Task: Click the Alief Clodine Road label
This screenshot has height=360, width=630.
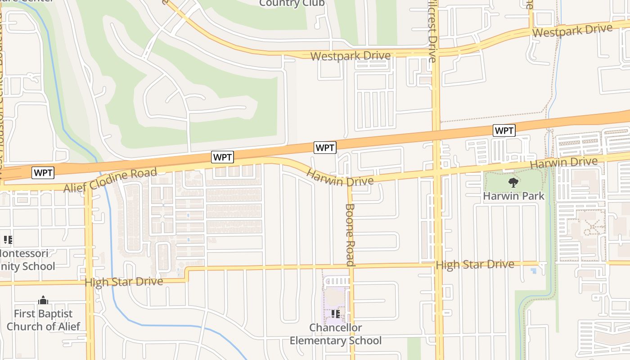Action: tap(110, 180)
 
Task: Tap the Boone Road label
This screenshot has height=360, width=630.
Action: tap(350, 234)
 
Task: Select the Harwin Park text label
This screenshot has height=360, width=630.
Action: tap(513, 196)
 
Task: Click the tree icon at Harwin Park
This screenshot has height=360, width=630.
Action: tap(513, 182)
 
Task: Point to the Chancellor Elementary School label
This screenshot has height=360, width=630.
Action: tap(335, 334)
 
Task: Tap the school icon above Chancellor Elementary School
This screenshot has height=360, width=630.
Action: tap(335, 314)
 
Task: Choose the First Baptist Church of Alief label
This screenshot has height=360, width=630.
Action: tap(43, 320)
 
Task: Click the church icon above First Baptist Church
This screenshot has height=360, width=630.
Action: tap(43, 300)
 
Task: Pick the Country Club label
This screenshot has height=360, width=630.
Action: tap(292, 4)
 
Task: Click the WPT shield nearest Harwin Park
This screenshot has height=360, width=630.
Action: tap(504, 130)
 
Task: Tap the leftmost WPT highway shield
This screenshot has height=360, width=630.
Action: tap(43, 172)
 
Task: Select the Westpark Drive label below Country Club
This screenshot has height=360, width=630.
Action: tap(351, 56)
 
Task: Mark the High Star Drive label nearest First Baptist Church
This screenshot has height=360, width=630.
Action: tap(124, 282)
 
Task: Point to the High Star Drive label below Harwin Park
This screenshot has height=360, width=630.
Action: tap(475, 265)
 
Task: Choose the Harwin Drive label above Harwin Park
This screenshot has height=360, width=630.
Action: tap(564, 164)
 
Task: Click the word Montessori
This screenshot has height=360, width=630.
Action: tap(23, 253)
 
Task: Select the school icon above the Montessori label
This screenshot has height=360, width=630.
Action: tap(8, 239)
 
